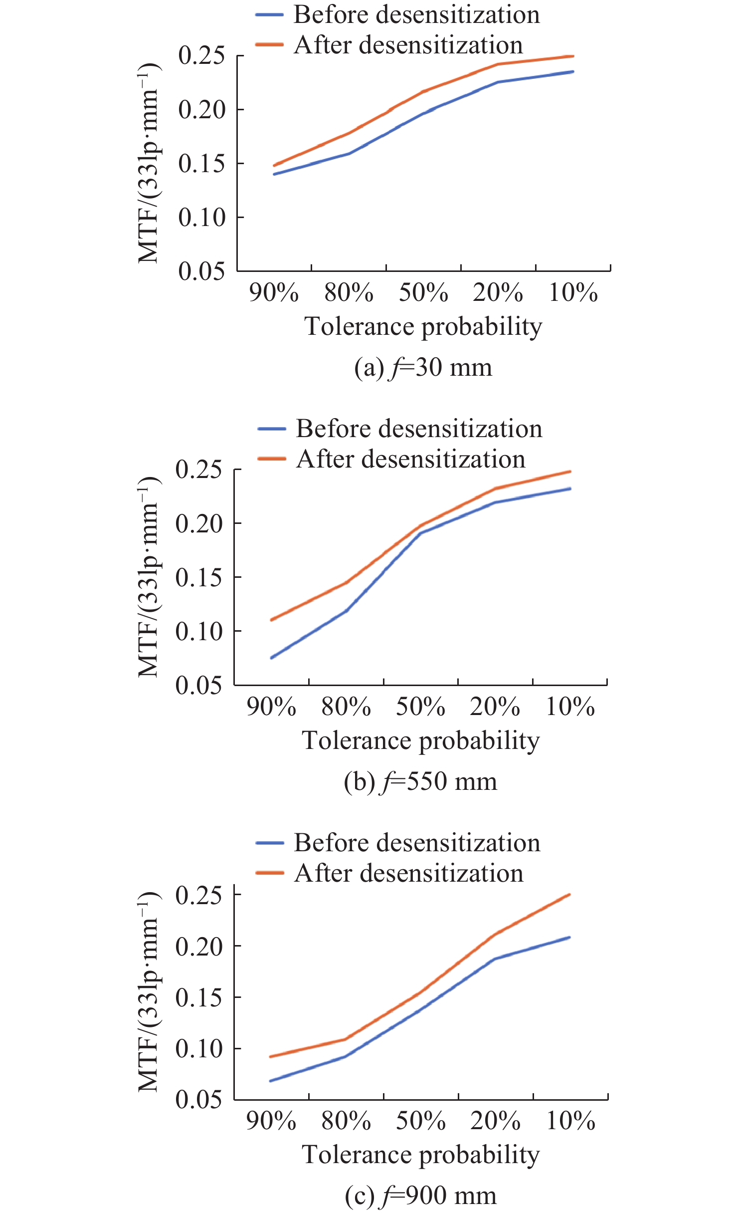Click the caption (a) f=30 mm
(423, 368)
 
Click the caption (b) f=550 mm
(420, 781)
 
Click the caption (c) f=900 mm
(420, 1196)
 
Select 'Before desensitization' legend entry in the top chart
(416, 14)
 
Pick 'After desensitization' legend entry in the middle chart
(410, 459)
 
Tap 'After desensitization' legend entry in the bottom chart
(408, 873)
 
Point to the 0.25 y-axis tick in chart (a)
(201, 55)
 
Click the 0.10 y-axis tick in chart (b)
(198, 631)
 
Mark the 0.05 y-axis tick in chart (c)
(198, 1099)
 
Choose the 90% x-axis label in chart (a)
(274, 292)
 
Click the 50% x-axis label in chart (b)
(420, 707)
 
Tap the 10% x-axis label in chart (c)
(570, 1121)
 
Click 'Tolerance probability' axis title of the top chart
(423, 327)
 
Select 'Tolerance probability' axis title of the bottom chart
(420, 1155)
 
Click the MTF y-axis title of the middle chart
(148, 577)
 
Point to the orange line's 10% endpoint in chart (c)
(569, 895)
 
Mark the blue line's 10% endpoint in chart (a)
(573, 72)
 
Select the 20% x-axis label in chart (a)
(498, 292)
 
